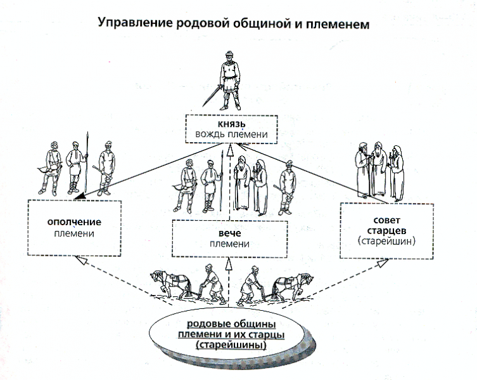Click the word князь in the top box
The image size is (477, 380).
(x=231, y=124)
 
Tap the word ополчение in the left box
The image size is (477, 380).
(x=74, y=222)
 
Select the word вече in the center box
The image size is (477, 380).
(x=230, y=233)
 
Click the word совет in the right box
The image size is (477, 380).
(x=386, y=220)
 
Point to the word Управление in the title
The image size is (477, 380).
(x=136, y=23)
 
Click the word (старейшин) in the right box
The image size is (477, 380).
(x=386, y=241)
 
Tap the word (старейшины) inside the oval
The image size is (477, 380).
(x=231, y=345)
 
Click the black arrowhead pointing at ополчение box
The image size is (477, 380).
(x=80, y=196)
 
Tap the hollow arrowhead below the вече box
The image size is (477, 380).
(x=229, y=264)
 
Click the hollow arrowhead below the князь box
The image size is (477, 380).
(x=230, y=150)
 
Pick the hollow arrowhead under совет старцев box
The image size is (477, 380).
(x=383, y=263)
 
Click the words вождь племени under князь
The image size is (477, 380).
(x=231, y=134)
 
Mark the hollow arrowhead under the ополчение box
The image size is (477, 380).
(x=82, y=260)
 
